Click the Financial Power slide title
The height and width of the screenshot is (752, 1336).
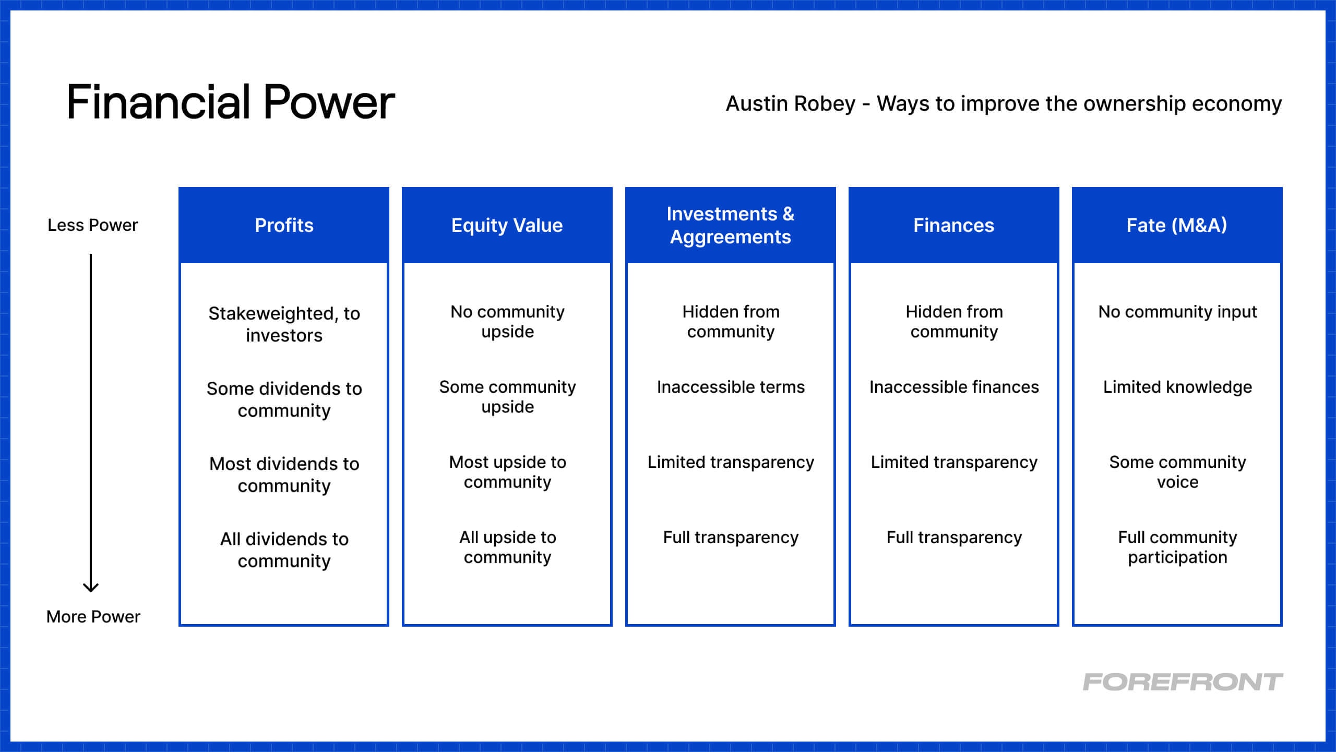coord(231,102)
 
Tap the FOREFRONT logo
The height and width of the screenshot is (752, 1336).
coord(1183,682)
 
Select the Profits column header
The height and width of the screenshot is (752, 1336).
coord(284,225)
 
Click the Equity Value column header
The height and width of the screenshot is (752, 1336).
coord(507,225)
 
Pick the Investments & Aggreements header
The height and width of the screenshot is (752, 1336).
coord(731,225)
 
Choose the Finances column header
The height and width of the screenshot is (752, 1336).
coord(954,225)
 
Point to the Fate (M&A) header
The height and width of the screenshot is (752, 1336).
coord(1177,225)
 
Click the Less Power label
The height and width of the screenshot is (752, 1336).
coord(93,225)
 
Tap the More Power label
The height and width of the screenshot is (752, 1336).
coord(93,617)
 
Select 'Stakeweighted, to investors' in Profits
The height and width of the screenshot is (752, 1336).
coord(284,324)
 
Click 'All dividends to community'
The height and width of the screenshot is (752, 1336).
coord(284,550)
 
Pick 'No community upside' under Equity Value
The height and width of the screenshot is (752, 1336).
coord(508,322)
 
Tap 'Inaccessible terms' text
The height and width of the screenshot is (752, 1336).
coord(731,387)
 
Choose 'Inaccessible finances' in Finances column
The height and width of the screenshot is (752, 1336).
coord(954,387)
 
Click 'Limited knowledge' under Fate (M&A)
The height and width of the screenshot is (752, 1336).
coord(1177,387)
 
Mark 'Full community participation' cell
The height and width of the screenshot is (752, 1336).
coord(1177,547)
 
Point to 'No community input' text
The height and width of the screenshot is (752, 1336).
coord(1177,312)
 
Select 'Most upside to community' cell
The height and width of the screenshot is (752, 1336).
coord(508,472)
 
